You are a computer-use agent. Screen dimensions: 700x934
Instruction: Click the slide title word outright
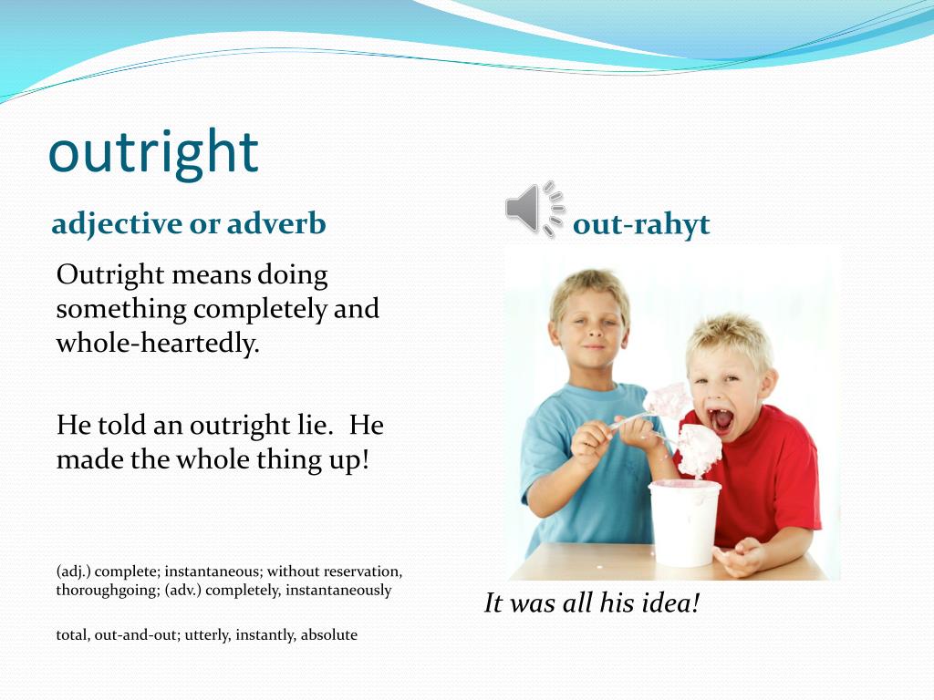click(153, 152)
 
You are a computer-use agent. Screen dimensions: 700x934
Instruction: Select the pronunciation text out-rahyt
click(640, 224)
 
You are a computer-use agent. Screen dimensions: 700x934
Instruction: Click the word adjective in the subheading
click(117, 223)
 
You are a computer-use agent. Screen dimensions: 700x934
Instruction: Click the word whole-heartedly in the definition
click(158, 345)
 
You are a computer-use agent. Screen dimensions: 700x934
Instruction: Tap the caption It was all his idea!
click(591, 603)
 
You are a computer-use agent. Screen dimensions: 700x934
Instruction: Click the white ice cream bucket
click(684, 521)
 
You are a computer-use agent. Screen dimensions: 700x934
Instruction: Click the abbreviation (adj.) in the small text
click(74, 571)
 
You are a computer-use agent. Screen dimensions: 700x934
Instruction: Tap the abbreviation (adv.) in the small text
click(186, 590)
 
